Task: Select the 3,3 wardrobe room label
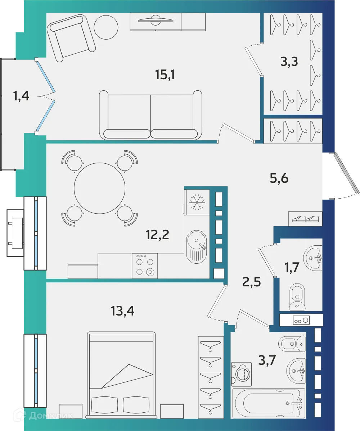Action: pos(290,62)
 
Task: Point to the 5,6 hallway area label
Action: pos(279,178)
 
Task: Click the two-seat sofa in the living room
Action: pos(150,115)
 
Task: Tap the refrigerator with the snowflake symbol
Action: pos(197,202)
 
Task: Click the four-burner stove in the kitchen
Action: pos(145,266)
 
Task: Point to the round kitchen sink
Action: pos(197,241)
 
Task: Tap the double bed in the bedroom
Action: pos(122,374)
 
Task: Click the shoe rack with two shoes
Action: pos(305,218)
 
